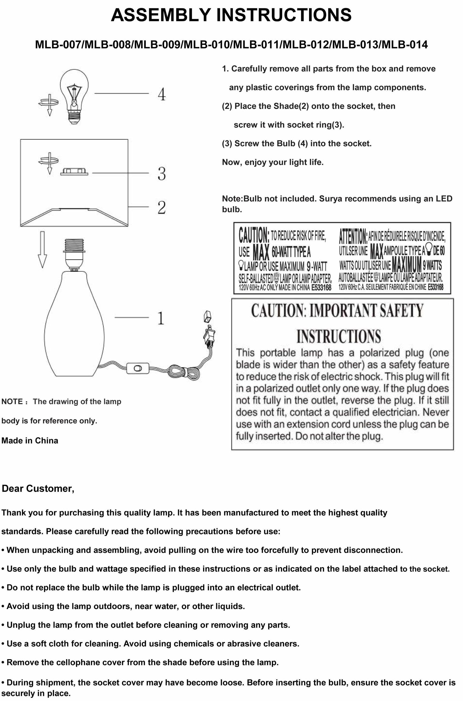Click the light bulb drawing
click(x=74, y=94)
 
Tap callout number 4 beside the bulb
click(x=161, y=94)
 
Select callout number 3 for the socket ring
click(x=161, y=174)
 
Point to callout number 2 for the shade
click(x=161, y=207)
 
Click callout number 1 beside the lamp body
click(x=161, y=318)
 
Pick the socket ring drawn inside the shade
click(x=74, y=172)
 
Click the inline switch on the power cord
click(x=138, y=368)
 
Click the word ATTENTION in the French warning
click(x=352, y=236)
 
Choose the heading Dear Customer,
click(x=38, y=489)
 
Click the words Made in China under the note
click(x=30, y=440)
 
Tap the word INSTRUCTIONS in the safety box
click(x=339, y=336)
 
